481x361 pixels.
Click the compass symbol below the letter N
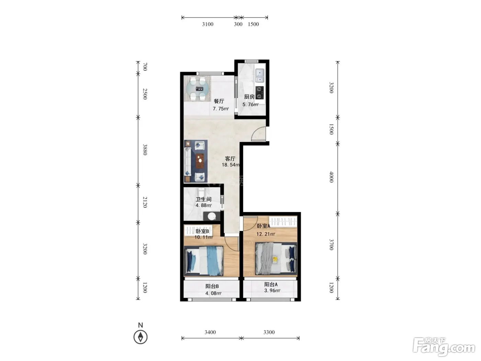141,337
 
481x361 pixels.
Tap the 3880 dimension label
145,150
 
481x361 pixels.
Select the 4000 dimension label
331,177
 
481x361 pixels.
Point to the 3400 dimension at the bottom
210,332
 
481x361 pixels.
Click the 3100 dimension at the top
208,24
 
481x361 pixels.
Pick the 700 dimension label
145,67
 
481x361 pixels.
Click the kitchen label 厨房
249,97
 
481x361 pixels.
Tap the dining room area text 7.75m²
221,109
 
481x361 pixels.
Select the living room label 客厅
230,158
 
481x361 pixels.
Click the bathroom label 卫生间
204,199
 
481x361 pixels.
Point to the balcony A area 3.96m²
272,291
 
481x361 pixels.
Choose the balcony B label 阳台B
212,286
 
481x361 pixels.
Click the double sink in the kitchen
260,76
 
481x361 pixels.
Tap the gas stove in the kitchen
259,92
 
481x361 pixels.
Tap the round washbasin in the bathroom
212,216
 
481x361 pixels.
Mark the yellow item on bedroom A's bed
275,260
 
